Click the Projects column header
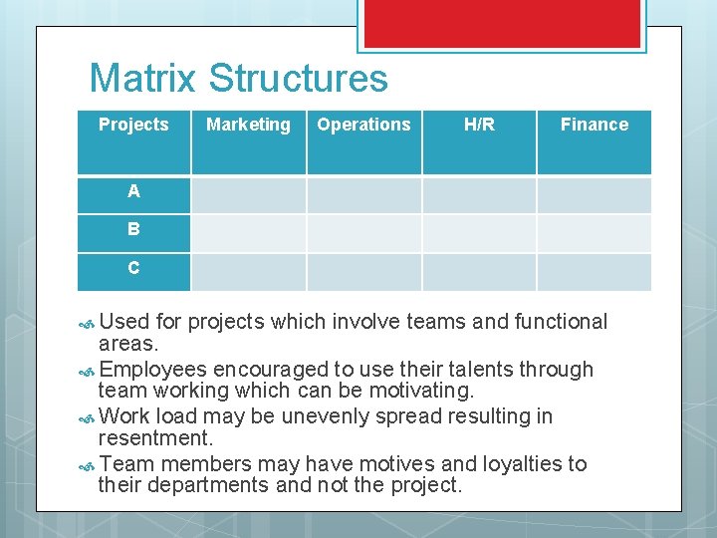pyautogui.click(x=133, y=125)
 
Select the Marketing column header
pyautogui.click(x=248, y=125)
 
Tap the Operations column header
pyautogui.click(x=363, y=125)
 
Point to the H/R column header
pyautogui.click(x=479, y=125)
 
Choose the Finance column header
pyautogui.click(x=594, y=125)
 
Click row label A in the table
pyautogui.click(x=133, y=191)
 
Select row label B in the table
pyautogui.click(x=133, y=229)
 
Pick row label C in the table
pyautogui.click(x=133, y=268)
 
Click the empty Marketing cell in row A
pyautogui.click(x=248, y=194)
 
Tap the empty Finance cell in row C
pyautogui.click(x=594, y=271)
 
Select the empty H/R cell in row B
pyautogui.click(x=479, y=233)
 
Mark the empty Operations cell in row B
pyautogui.click(x=363, y=233)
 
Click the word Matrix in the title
pyautogui.click(x=144, y=79)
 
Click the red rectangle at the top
pyautogui.click(x=501, y=24)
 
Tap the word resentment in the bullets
pyautogui.click(x=156, y=438)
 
